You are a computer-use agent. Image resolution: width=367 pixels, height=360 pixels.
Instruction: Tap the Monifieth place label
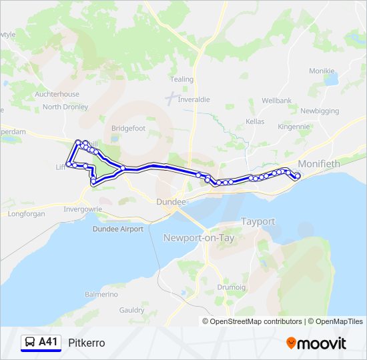point(318,163)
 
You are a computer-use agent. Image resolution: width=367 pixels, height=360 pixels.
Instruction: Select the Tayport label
point(258,221)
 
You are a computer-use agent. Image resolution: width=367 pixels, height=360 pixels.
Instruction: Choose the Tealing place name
point(181,79)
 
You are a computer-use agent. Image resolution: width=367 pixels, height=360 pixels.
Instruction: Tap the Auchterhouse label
point(57,95)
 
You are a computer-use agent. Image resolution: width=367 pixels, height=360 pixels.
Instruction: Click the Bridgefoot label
point(128,128)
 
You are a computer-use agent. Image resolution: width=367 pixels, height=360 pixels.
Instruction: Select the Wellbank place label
point(276,100)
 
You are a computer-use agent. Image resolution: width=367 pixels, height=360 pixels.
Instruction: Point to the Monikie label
point(322,71)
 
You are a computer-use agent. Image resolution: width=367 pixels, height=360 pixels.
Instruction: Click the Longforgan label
point(26,214)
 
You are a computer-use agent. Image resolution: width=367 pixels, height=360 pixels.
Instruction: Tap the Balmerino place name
point(101,294)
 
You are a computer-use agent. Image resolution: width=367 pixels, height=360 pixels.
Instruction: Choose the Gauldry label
point(131,310)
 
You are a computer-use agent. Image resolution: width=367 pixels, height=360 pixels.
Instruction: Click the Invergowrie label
point(83,209)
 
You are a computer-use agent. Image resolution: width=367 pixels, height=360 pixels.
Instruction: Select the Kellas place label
point(254,122)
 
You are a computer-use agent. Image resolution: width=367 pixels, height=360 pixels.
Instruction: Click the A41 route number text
point(49,343)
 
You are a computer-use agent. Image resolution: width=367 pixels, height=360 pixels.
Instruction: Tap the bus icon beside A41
point(30,343)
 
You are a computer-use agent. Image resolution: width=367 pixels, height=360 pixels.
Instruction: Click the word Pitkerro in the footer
point(87,343)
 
